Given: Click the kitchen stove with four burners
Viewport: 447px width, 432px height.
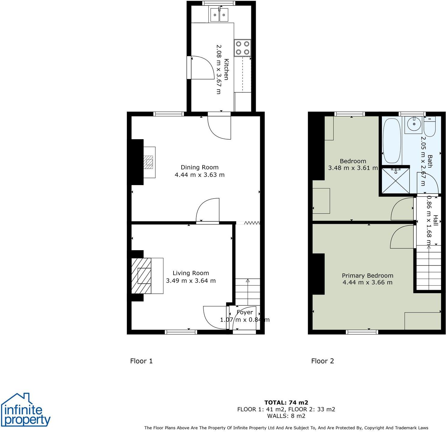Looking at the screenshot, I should click(x=243, y=48).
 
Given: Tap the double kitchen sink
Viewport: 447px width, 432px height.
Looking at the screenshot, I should click(x=219, y=15).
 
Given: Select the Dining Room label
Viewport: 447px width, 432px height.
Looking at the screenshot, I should click(x=199, y=167).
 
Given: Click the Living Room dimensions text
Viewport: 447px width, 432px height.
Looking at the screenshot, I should click(x=191, y=281).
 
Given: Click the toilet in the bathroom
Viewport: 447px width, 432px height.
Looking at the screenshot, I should click(x=430, y=127).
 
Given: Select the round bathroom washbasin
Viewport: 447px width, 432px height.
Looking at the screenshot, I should click(x=414, y=124).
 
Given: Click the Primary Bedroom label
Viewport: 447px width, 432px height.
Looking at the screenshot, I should click(x=367, y=275).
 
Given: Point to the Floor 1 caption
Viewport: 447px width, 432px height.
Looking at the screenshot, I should click(x=141, y=361).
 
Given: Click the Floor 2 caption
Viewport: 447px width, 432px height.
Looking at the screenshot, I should click(x=322, y=361).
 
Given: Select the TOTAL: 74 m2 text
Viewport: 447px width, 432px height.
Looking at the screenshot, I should click(x=286, y=403).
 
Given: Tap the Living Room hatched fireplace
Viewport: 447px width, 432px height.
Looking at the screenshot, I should click(x=142, y=276).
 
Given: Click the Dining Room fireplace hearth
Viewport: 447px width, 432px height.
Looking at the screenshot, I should click(x=149, y=162).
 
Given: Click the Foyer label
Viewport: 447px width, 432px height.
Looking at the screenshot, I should click(x=245, y=312).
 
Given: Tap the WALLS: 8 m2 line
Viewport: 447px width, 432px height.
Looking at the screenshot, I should click(x=286, y=416).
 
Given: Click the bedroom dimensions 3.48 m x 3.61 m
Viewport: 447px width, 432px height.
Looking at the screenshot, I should click(x=353, y=168).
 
